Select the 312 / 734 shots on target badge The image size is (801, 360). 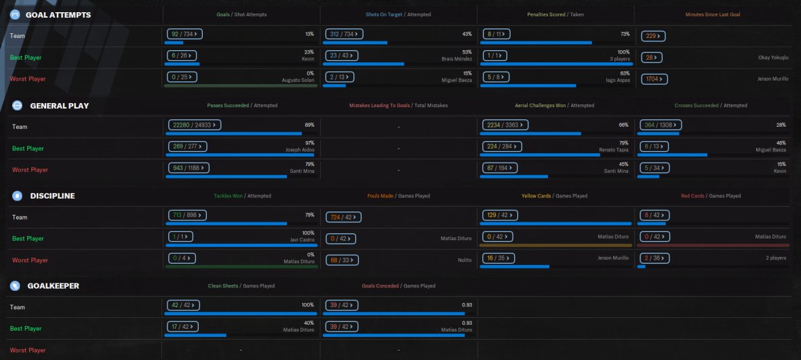[345, 34]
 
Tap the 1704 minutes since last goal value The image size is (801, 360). [655, 79]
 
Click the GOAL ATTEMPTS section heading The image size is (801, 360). [58, 14]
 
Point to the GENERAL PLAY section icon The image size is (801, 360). [18, 106]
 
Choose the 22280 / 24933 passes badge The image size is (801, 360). [195, 125]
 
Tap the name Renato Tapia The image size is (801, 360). [613, 149]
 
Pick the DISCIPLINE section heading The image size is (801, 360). [52, 196]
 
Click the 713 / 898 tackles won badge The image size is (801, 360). [187, 216]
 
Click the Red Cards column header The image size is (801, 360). [692, 196]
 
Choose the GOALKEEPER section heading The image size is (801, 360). [54, 286]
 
